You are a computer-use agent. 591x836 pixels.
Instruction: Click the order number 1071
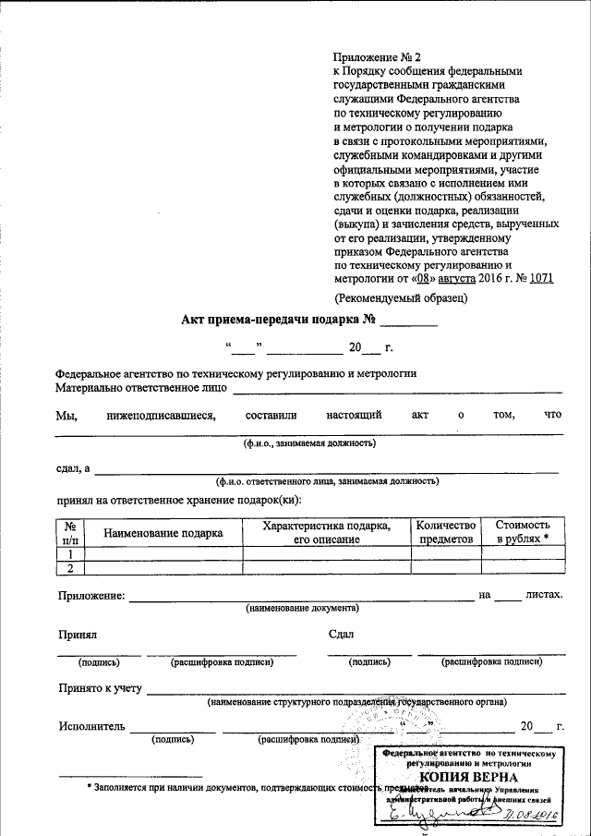540,278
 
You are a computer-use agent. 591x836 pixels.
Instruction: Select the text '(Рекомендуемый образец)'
400,297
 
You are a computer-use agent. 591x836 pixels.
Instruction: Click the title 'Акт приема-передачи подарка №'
278,321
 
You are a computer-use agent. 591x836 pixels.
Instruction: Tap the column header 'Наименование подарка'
163,532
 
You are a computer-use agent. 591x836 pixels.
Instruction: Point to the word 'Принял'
78,635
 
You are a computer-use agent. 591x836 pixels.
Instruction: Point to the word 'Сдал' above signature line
341,635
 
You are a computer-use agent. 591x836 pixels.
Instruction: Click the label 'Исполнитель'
90,726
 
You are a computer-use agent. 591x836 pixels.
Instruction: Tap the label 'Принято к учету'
101,688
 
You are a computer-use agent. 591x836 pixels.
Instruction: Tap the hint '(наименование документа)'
302,608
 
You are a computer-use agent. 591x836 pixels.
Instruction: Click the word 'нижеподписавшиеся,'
162,415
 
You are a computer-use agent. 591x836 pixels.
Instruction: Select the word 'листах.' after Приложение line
543,595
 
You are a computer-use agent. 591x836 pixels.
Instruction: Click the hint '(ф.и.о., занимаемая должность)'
308,443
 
